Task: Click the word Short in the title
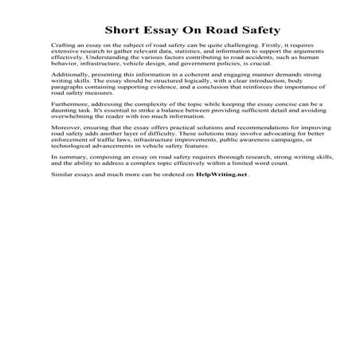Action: (119, 31)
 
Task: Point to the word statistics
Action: (184, 54)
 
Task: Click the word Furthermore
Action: (68, 104)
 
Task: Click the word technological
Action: (74, 147)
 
